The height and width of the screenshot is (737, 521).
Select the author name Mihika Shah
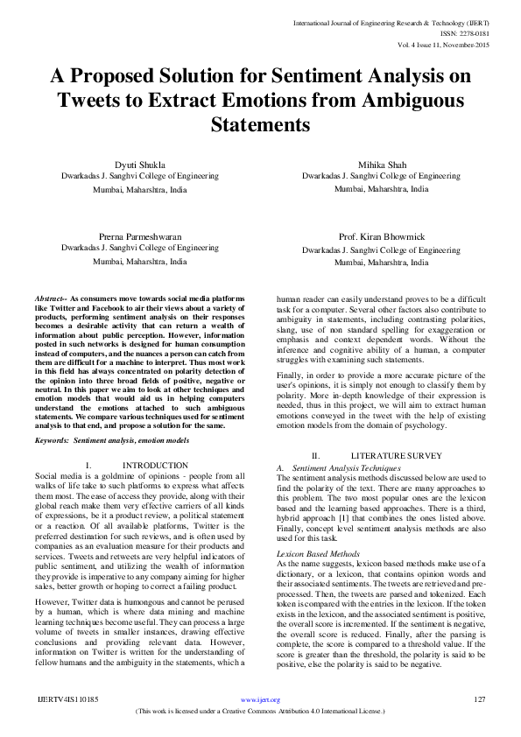382,164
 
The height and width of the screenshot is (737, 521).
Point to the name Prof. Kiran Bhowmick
382,237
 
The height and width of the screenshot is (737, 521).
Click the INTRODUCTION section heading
155,465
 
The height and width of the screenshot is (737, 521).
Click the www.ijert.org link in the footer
260,700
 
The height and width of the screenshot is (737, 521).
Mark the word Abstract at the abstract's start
49,298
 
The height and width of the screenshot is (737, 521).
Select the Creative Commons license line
260,712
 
